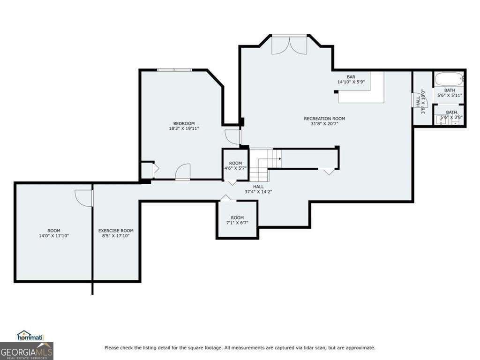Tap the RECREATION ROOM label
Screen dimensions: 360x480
click(x=324, y=119)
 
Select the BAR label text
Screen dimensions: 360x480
click(x=351, y=77)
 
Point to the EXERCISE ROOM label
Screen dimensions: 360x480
click(x=116, y=231)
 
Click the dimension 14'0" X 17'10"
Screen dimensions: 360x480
click(x=53, y=236)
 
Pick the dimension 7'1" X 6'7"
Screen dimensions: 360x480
click(x=237, y=223)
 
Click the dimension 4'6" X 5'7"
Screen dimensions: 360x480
click(x=235, y=169)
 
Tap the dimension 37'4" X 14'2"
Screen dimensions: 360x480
click(x=258, y=191)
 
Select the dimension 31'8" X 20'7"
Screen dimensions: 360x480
click(x=324, y=124)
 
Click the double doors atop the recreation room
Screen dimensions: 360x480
click(x=289, y=44)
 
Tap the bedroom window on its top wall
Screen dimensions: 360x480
click(x=174, y=70)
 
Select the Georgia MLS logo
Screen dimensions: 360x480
click(x=27, y=351)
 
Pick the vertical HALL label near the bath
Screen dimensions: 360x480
click(x=418, y=102)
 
